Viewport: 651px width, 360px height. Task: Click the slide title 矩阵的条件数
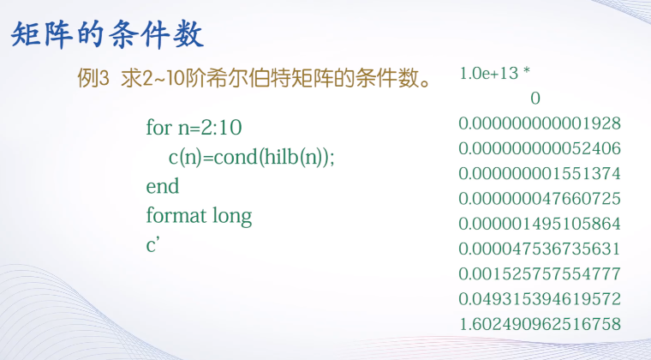click(x=106, y=36)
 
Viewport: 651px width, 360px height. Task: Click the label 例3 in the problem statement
click(x=94, y=79)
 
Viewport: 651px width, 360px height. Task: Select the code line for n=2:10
click(x=194, y=128)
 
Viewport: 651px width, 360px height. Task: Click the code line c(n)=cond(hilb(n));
click(x=250, y=157)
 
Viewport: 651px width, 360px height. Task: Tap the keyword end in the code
click(x=163, y=186)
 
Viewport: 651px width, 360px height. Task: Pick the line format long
click(x=199, y=215)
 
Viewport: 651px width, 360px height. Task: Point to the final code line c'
click(x=153, y=244)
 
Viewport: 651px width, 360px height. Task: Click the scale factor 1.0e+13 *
click(x=495, y=74)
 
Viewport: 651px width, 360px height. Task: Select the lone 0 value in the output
click(x=535, y=99)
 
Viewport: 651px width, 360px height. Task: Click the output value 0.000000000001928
click(x=540, y=123)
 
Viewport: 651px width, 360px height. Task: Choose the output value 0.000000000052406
click(x=540, y=148)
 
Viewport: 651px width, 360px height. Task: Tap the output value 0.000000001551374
click(x=540, y=173)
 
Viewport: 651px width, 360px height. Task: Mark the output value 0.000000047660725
click(x=540, y=199)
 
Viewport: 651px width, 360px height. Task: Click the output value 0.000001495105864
click(x=540, y=224)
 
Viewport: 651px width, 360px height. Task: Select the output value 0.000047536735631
click(x=540, y=249)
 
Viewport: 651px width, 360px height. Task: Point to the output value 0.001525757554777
click(x=540, y=273)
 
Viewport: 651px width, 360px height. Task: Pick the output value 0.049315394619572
click(x=540, y=299)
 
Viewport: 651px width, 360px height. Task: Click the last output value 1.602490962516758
click(x=540, y=324)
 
